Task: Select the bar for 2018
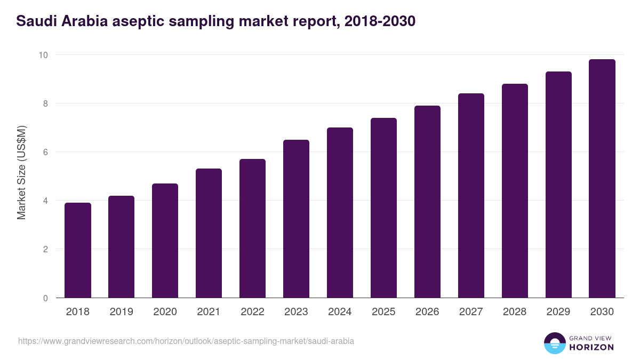tap(78, 250)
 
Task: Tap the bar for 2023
tap(296, 219)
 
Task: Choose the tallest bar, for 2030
tap(602, 178)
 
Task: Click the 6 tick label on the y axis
tap(45, 152)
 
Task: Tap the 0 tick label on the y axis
tap(45, 298)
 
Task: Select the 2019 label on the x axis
tap(121, 312)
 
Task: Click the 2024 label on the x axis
tap(340, 312)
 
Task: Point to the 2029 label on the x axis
tap(558, 312)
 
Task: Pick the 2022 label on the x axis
tap(252, 312)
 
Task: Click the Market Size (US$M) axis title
tap(21, 172)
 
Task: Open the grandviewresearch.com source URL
tap(186, 341)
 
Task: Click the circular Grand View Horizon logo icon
tap(554, 343)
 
